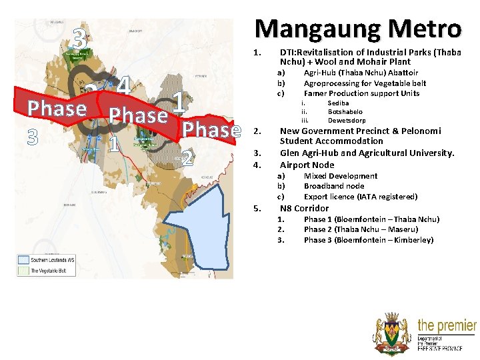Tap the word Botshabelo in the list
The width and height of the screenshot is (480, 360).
[x=345, y=112]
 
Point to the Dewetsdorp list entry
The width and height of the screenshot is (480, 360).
[x=347, y=121]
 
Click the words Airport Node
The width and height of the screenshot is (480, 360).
[x=307, y=165]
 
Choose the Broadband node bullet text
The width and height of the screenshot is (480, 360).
[x=334, y=186]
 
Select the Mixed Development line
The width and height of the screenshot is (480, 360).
[x=340, y=176]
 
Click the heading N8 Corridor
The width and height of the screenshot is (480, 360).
[x=304, y=208]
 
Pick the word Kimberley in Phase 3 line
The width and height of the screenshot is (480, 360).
[x=413, y=240]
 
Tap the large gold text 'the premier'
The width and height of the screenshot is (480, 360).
[x=446, y=326]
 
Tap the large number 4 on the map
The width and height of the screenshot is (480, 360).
[x=122, y=86]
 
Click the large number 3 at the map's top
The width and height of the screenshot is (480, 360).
[x=79, y=41]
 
